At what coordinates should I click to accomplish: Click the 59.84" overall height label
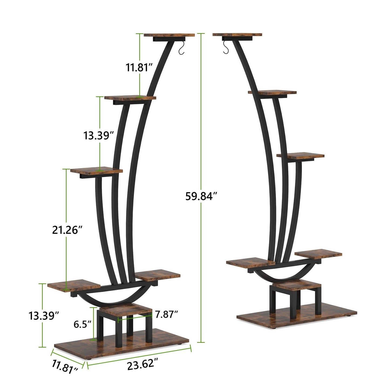click(x=201, y=196)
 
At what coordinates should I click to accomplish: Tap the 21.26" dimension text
click(x=67, y=230)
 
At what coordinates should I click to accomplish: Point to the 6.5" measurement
click(x=83, y=324)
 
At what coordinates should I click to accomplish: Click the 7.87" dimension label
click(x=167, y=314)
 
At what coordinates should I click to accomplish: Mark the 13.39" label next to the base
click(x=44, y=315)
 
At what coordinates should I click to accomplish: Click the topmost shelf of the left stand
click(x=169, y=35)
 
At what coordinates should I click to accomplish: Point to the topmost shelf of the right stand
click(x=237, y=35)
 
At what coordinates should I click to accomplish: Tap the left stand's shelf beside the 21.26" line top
click(x=96, y=171)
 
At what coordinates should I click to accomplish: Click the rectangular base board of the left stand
click(x=121, y=345)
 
